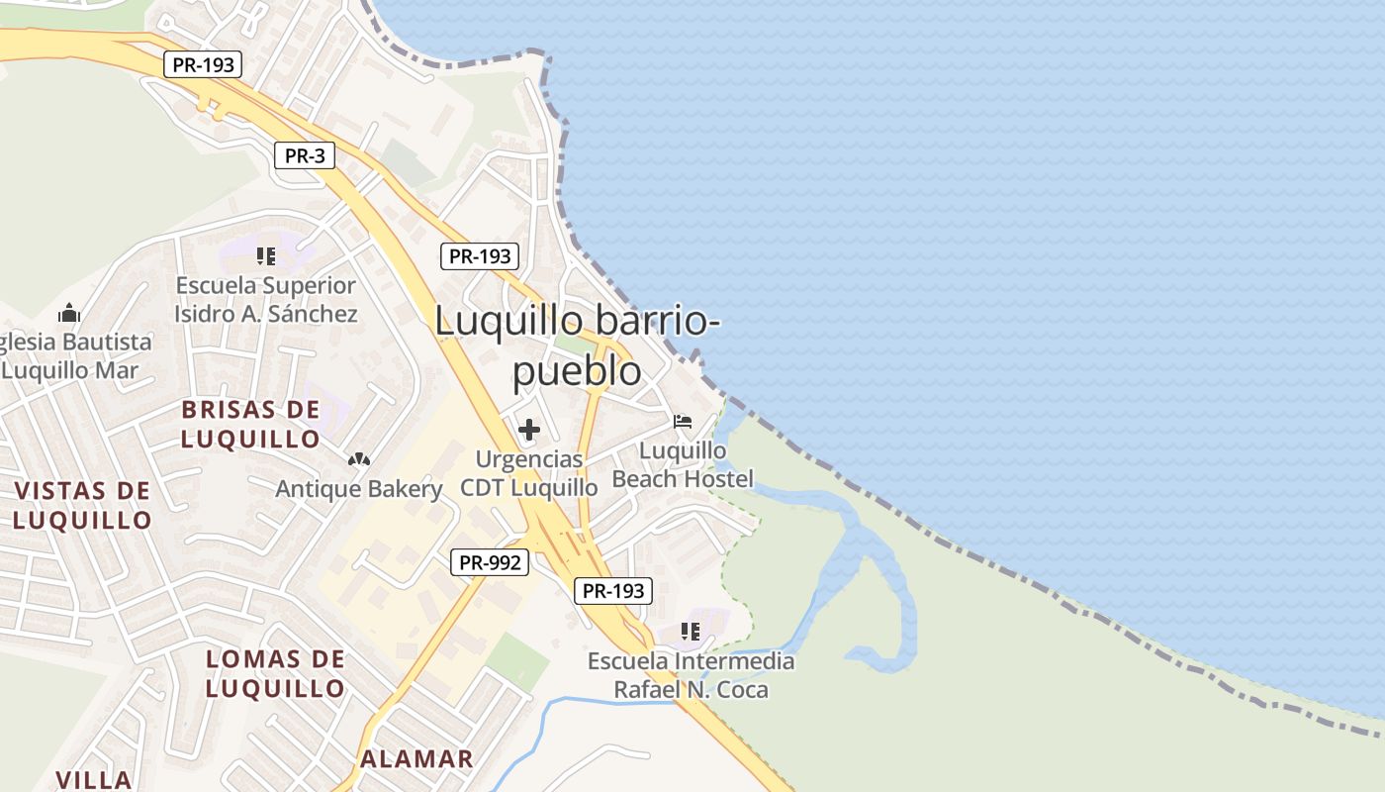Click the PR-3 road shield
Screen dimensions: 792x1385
click(305, 154)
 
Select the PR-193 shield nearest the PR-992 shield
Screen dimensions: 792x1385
click(613, 591)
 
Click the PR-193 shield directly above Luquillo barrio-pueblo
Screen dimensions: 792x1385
click(480, 256)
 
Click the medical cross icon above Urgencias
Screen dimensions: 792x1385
click(529, 430)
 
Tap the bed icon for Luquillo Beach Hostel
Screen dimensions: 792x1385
click(683, 422)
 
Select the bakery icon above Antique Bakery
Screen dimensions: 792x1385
click(358, 459)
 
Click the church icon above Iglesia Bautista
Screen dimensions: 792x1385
click(69, 314)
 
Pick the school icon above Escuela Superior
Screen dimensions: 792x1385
click(265, 256)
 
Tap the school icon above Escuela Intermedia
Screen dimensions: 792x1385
click(691, 631)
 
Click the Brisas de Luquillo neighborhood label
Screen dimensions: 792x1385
click(251, 424)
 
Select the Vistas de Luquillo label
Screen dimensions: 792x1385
click(82, 505)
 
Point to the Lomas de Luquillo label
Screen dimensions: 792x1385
click(275, 673)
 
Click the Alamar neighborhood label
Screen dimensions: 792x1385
click(416, 759)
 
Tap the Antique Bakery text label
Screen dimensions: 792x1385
click(358, 489)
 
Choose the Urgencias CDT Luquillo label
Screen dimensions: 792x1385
click(529, 473)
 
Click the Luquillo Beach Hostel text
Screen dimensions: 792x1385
click(683, 464)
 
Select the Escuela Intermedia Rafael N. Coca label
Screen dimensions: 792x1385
click(691, 674)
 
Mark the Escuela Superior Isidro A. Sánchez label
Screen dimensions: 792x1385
click(265, 299)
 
